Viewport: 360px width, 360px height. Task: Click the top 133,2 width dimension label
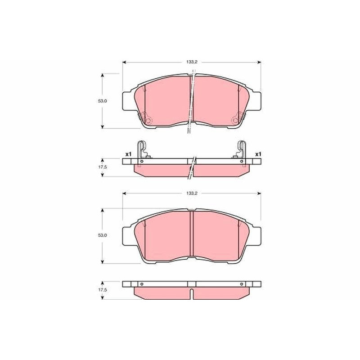(x=192, y=62)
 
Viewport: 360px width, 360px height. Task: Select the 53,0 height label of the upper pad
(x=103, y=101)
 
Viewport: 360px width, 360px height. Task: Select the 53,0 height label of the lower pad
(x=103, y=235)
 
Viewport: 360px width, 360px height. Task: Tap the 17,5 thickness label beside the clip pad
(x=103, y=167)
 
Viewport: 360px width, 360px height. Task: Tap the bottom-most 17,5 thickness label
(x=103, y=290)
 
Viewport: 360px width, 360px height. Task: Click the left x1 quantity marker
(x=128, y=154)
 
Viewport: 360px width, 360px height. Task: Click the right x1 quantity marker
(x=258, y=154)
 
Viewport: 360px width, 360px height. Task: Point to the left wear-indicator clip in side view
(x=142, y=153)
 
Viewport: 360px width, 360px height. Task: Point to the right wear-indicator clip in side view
(x=241, y=153)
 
